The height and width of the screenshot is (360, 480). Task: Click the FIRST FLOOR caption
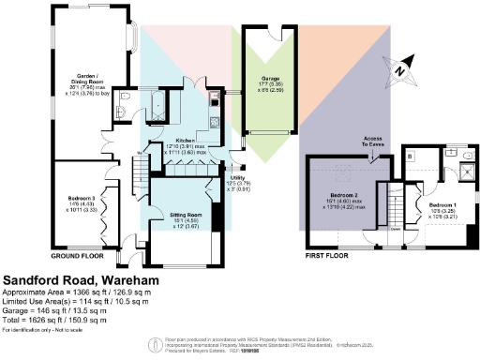(327, 255)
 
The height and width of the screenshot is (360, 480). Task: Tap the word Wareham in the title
(110, 279)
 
